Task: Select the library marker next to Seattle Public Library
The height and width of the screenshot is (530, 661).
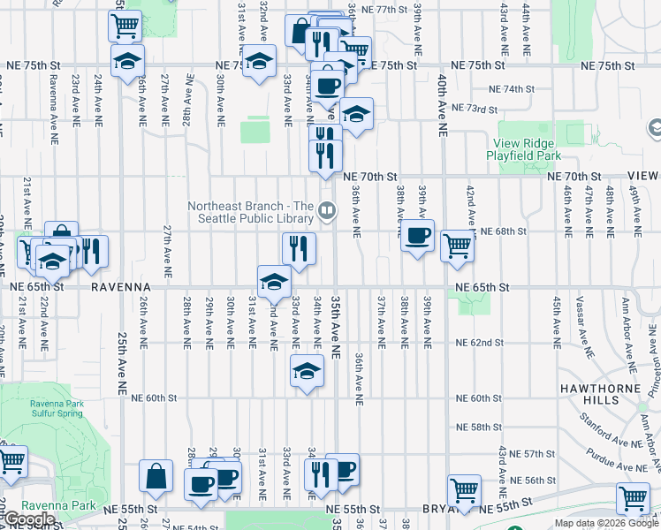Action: (327, 210)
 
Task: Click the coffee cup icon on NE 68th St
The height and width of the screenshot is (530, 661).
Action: (418, 236)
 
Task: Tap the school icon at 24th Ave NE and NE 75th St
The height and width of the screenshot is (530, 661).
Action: (127, 61)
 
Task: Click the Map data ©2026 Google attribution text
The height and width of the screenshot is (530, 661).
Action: (606, 523)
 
